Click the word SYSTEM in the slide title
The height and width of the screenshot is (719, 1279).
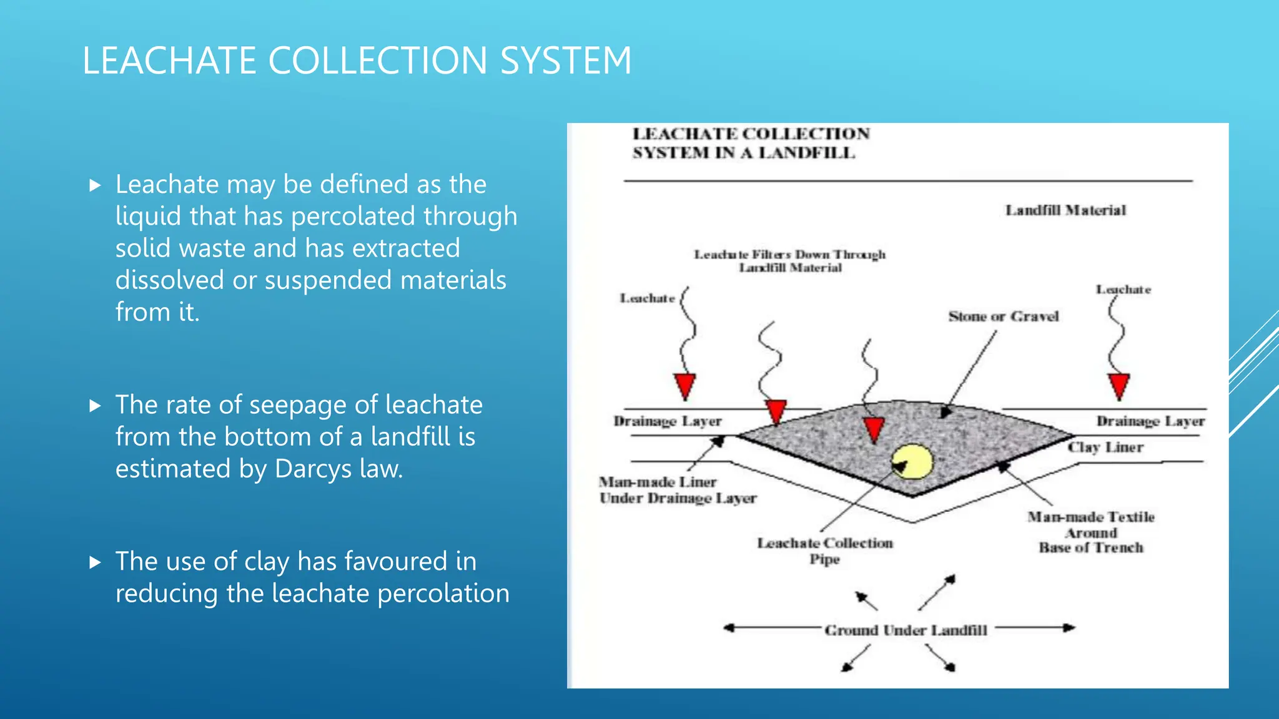pos(566,61)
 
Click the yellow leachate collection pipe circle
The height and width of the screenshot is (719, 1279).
pos(913,462)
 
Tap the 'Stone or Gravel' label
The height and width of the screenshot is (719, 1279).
pos(1003,316)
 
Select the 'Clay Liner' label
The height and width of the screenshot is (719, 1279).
pos(1105,448)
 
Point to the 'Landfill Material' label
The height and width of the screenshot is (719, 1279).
pos(1065,210)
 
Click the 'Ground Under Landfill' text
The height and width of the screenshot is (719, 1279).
pos(906,630)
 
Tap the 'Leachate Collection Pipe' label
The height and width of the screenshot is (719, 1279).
pos(825,550)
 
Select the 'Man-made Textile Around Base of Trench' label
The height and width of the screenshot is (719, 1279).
pos(1091,532)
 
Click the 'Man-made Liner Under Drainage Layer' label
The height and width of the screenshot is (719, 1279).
pos(678,490)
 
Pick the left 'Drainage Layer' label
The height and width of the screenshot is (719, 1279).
pos(668,421)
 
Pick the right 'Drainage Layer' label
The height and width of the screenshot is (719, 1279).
pos(1150,421)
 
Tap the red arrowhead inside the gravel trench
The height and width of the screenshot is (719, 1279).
pos(874,429)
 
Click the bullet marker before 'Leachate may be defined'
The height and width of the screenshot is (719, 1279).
pos(95,185)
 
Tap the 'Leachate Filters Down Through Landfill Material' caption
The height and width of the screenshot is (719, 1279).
pos(790,261)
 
